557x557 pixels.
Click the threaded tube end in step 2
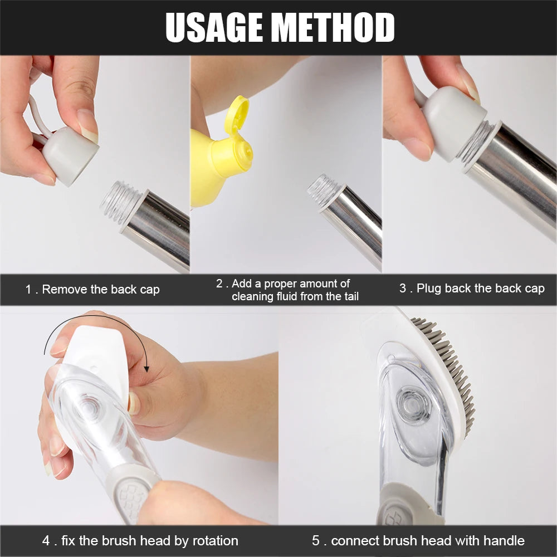(323, 190)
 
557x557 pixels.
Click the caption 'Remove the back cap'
(100, 290)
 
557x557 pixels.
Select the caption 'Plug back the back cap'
(480, 289)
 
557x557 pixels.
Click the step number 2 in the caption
(219, 284)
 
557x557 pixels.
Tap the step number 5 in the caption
(316, 541)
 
